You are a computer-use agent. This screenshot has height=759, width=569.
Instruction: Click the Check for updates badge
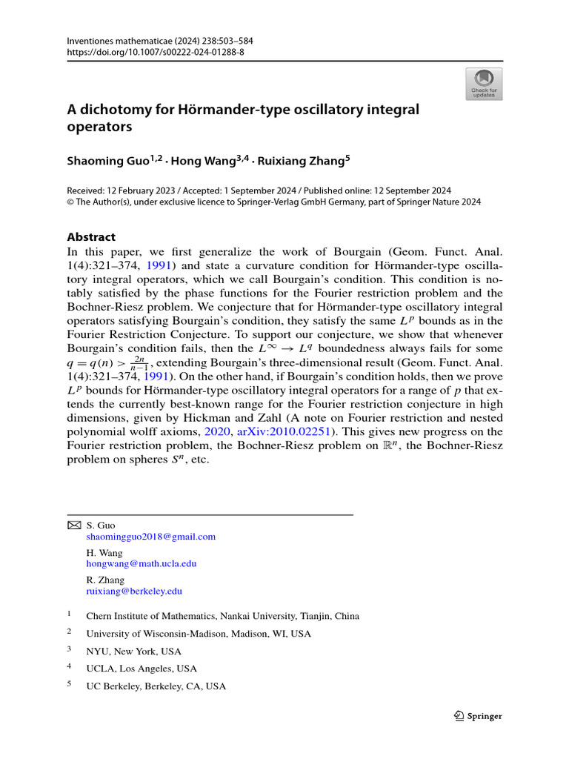click(x=483, y=84)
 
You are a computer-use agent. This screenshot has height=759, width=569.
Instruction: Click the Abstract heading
click(x=91, y=237)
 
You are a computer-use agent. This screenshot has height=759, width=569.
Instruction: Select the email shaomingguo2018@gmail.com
click(x=151, y=537)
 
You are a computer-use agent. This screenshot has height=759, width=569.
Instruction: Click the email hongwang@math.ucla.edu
click(x=142, y=564)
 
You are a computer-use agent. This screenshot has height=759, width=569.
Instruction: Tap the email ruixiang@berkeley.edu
click(x=134, y=591)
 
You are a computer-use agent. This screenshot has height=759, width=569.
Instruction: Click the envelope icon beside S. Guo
click(x=73, y=525)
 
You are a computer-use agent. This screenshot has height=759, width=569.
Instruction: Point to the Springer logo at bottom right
click(x=478, y=716)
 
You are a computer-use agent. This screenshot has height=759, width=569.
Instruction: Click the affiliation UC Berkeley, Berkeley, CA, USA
click(x=156, y=686)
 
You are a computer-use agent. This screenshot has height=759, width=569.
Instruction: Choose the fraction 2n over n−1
click(x=139, y=362)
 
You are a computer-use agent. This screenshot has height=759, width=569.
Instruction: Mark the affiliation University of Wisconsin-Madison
click(x=199, y=634)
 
